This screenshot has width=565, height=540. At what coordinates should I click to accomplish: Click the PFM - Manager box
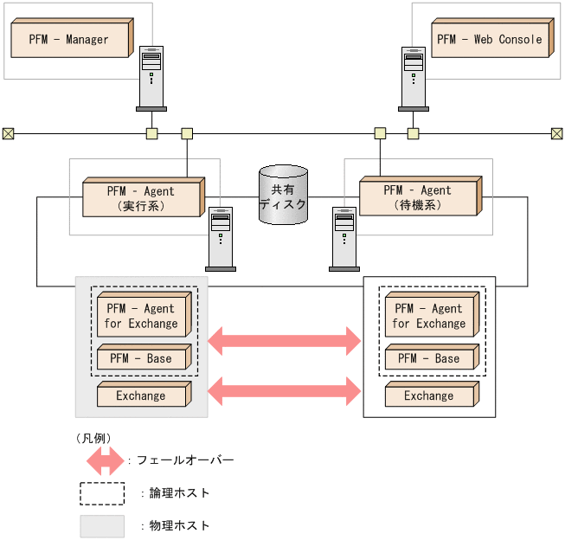pos(69,40)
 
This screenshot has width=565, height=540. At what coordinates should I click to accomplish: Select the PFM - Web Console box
pos(490,40)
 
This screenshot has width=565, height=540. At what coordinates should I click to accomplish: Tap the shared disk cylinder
pos(283,196)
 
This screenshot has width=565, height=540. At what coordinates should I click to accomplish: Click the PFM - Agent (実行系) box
pos(142,198)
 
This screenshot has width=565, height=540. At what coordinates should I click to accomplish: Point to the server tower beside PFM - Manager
pos(151,78)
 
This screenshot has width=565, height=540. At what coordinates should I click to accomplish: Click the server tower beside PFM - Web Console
pos(413,78)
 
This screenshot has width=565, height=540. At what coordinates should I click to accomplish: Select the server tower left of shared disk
pos(220,238)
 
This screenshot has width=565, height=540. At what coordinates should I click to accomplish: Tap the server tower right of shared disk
pos(343,238)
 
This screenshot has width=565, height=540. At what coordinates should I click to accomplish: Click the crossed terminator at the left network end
pos(8,133)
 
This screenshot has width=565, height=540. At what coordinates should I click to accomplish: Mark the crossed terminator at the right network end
pos(557,133)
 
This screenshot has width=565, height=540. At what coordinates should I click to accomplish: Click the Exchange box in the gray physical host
pos(142,395)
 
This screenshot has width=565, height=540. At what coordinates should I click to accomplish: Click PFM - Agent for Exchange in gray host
pos(142,317)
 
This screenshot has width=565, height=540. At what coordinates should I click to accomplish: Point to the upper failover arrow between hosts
pos(285,341)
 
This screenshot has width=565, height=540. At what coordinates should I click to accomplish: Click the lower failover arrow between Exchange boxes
pos(285,390)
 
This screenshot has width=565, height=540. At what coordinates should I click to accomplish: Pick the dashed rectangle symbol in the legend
pos(102,493)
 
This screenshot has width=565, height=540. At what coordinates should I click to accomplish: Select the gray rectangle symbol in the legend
pos(102,525)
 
